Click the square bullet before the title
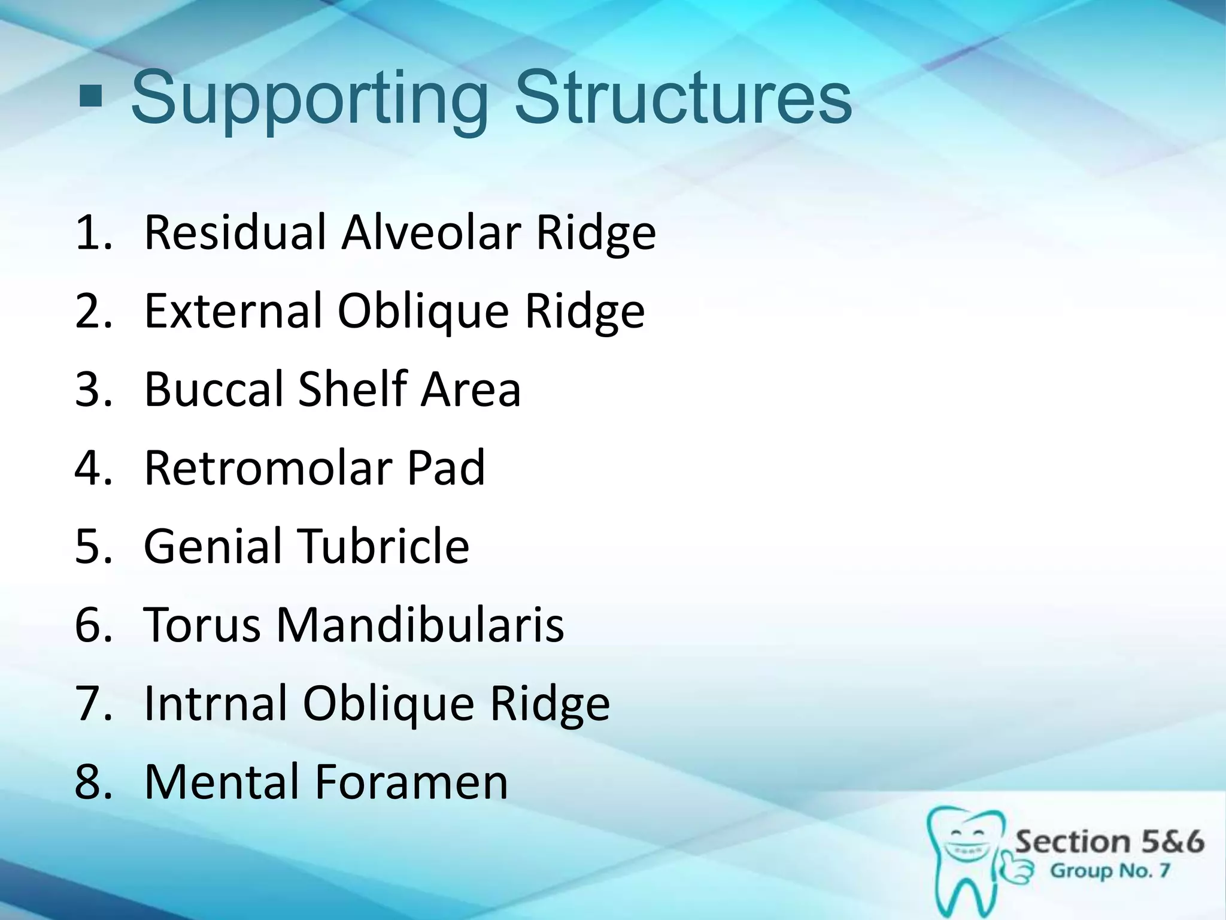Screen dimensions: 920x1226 click(90, 96)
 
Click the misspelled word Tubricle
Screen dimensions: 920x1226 click(384, 546)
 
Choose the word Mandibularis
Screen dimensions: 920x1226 click(420, 624)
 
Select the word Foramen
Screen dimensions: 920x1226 click(411, 781)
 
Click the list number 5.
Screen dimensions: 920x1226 click(93, 546)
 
